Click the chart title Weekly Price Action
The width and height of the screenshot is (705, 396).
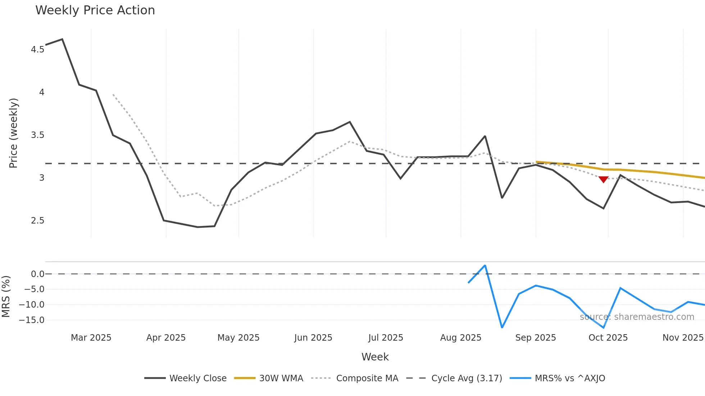click(95, 10)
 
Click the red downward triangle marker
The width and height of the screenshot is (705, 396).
click(603, 179)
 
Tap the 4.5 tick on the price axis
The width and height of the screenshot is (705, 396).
click(37, 50)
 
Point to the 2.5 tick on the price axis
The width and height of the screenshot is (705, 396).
click(37, 221)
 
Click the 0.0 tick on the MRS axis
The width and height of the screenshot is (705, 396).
click(37, 274)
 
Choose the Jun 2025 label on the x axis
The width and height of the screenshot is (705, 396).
click(313, 338)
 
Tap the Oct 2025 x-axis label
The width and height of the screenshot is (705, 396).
click(608, 338)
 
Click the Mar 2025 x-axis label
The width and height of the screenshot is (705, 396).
click(91, 338)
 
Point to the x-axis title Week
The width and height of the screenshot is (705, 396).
click(375, 357)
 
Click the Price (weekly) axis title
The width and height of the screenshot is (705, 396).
click(13, 133)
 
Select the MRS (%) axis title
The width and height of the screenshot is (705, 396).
click(6, 296)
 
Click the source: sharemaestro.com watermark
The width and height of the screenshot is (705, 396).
click(637, 317)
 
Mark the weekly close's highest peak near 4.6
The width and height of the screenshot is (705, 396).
click(62, 39)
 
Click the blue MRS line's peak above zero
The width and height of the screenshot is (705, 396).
click(485, 266)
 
